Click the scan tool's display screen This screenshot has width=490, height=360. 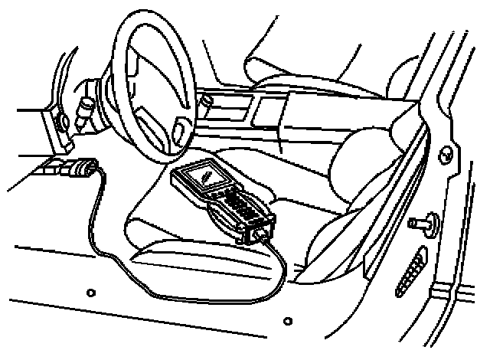coord(205,177)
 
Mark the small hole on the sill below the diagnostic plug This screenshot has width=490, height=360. coord(91,291)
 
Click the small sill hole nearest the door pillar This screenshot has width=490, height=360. coord(287,321)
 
